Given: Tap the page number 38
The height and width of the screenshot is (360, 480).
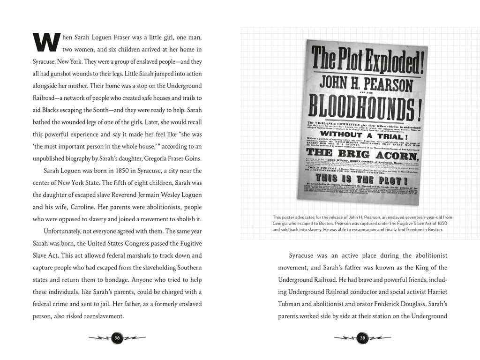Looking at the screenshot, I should tap(117, 337).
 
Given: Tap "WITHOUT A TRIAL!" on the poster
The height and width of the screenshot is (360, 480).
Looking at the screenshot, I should tap(367, 133).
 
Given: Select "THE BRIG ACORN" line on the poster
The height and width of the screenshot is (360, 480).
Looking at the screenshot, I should tap(366, 156).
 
